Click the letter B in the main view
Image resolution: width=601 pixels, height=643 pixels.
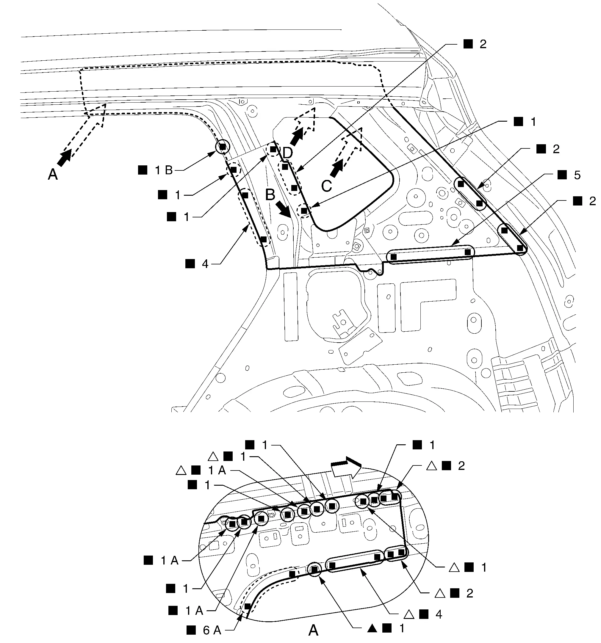tap(270, 195)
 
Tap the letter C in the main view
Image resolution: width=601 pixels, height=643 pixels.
tap(327, 186)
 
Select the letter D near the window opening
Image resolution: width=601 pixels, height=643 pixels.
tap(287, 153)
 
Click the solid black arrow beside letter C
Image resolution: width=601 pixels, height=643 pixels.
tap(337, 169)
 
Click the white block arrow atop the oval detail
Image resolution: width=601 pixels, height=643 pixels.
tap(346, 466)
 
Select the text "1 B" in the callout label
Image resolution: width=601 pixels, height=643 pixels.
tap(164, 170)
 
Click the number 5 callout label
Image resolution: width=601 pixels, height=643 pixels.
tap(577, 175)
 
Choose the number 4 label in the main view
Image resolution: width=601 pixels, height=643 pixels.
tap(205, 264)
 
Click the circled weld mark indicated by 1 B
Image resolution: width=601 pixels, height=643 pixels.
tap(222, 147)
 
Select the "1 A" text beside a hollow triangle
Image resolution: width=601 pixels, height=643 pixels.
tap(217, 470)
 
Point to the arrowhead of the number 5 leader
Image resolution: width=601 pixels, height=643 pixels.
tap(452, 244)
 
